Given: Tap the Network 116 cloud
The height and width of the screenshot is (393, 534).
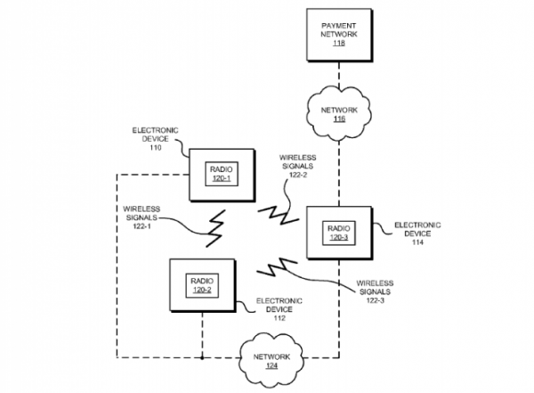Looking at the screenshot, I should pos(340,111).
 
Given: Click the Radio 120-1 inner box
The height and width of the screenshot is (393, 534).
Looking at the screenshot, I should pos(220,173).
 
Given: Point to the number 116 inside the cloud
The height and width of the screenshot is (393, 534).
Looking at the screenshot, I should pos(340,118).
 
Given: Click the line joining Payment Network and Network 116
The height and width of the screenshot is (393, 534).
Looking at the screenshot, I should pos(340,70).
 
